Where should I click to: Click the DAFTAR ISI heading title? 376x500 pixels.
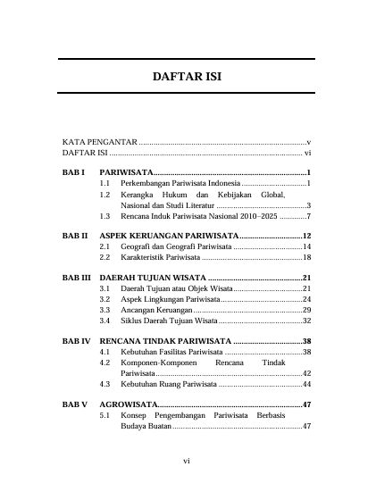[188, 76]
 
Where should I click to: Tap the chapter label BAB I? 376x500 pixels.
[73, 171]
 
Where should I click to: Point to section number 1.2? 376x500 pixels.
[105, 194]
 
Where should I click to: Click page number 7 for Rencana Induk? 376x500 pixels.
[307, 216]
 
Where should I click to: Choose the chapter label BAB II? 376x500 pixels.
[74, 235]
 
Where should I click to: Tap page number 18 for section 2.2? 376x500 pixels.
[305, 257]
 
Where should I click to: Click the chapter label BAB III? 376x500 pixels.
[76, 278]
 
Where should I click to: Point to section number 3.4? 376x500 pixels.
[105, 320]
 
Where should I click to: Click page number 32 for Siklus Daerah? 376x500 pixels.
[305, 320]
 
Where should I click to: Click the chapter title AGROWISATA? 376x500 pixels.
[129, 404]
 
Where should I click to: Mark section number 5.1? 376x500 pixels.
[105, 415]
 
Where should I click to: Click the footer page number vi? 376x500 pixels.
[188, 461]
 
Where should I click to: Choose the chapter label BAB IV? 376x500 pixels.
[75, 341]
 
